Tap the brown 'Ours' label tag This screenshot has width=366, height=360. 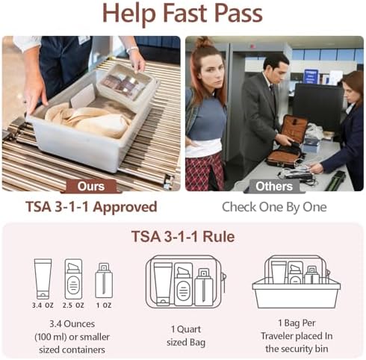(x=91, y=186)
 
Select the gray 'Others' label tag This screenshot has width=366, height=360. (x=274, y=186)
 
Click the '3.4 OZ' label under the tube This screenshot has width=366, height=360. (x=43, y=305)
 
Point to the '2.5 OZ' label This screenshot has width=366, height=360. (x=73, y=305)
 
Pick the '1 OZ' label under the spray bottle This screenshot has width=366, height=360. (x=104, y=305)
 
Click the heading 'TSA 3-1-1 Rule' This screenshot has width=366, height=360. (x=183, y=236)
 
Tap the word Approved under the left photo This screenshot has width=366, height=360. (x=125, y=207)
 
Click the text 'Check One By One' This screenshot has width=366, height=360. (x=274, y=207)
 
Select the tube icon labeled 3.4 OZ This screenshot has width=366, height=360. (x=43, y=279)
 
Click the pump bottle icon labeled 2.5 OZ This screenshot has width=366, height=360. (x=73, y=279)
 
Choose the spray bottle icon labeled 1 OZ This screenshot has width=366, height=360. (x=104, y=280)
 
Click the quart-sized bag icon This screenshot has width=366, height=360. (x=185, y=282)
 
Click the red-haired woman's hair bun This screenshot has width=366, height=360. (x=203, y=43)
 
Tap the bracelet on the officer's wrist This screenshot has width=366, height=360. (x=131, y=49)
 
